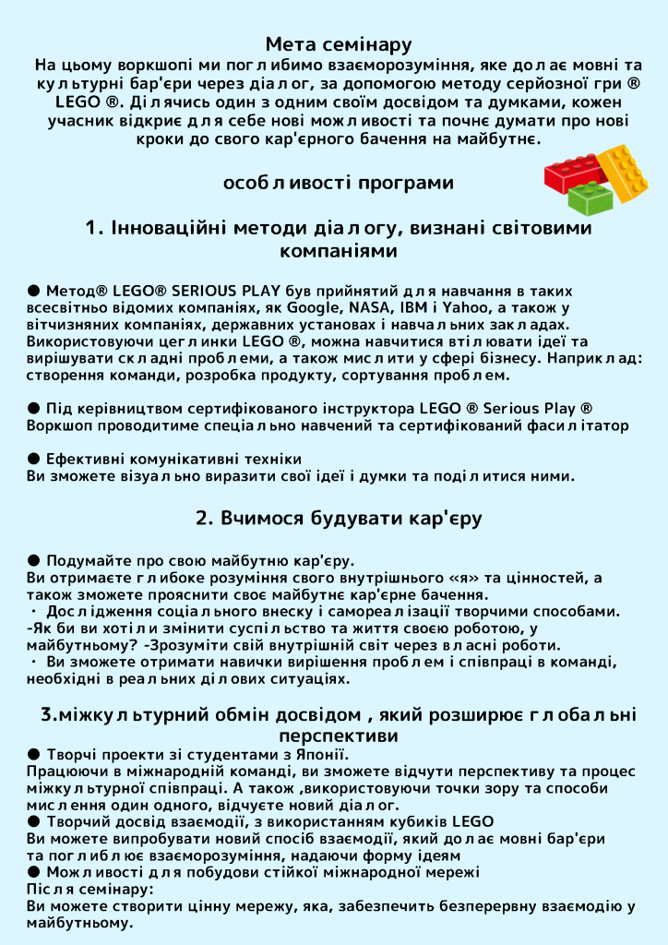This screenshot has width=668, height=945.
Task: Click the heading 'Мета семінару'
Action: (x=338, y=44)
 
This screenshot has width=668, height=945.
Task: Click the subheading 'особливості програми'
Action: (x=338, y=183)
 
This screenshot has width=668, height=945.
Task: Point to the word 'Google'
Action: (x=314, y=307)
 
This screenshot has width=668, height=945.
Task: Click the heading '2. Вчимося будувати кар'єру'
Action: (x=338, y=518)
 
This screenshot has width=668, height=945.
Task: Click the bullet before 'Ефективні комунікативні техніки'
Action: (x=34, y=459)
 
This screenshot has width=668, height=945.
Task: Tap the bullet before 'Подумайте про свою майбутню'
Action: (x=34, y=560)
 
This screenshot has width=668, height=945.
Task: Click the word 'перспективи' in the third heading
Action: (x=338, y=736)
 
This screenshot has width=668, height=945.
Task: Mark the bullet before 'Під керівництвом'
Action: (x=34, y=408)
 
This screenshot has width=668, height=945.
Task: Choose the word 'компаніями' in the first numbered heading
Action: (x=338, y=250)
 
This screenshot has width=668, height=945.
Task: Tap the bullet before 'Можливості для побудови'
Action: (x=34, y=872)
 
